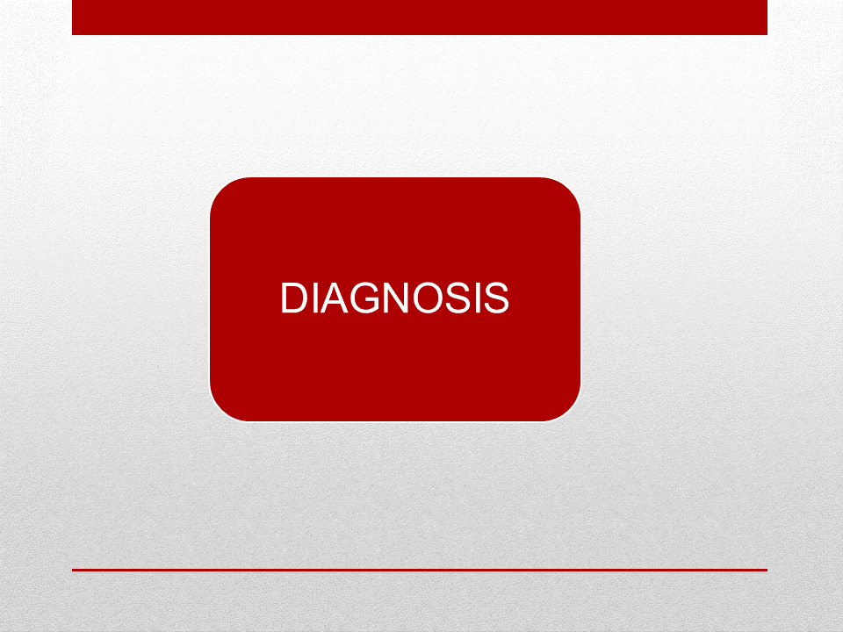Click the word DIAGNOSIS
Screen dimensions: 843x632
tap(394, 298)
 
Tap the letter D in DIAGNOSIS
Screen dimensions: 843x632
tap(294, 298)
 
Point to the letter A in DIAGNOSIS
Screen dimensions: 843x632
tap(335, 298)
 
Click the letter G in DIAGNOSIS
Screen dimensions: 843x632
tap(365, 298)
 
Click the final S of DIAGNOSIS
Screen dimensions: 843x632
tap(497, 298)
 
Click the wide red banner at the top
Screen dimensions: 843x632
tap(420, 18)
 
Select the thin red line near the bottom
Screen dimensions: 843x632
tap(420, 570)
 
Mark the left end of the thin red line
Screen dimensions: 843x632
tap(73, 570)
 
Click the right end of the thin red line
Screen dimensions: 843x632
tap(767, 570)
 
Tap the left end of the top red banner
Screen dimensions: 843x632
tap(73, 18)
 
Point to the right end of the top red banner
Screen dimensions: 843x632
tap(766, 18)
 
